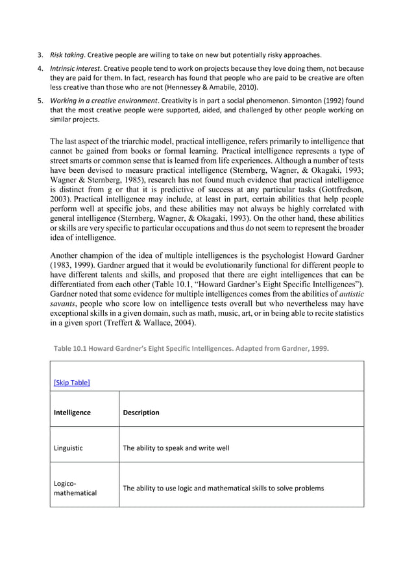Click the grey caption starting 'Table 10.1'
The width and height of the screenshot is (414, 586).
[x=191, y=348]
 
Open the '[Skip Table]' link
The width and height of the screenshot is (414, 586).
[x=71, y=382]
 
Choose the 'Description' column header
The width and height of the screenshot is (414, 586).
[x=141, y=412]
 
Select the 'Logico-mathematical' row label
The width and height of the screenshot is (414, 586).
[x=75, y=488]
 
